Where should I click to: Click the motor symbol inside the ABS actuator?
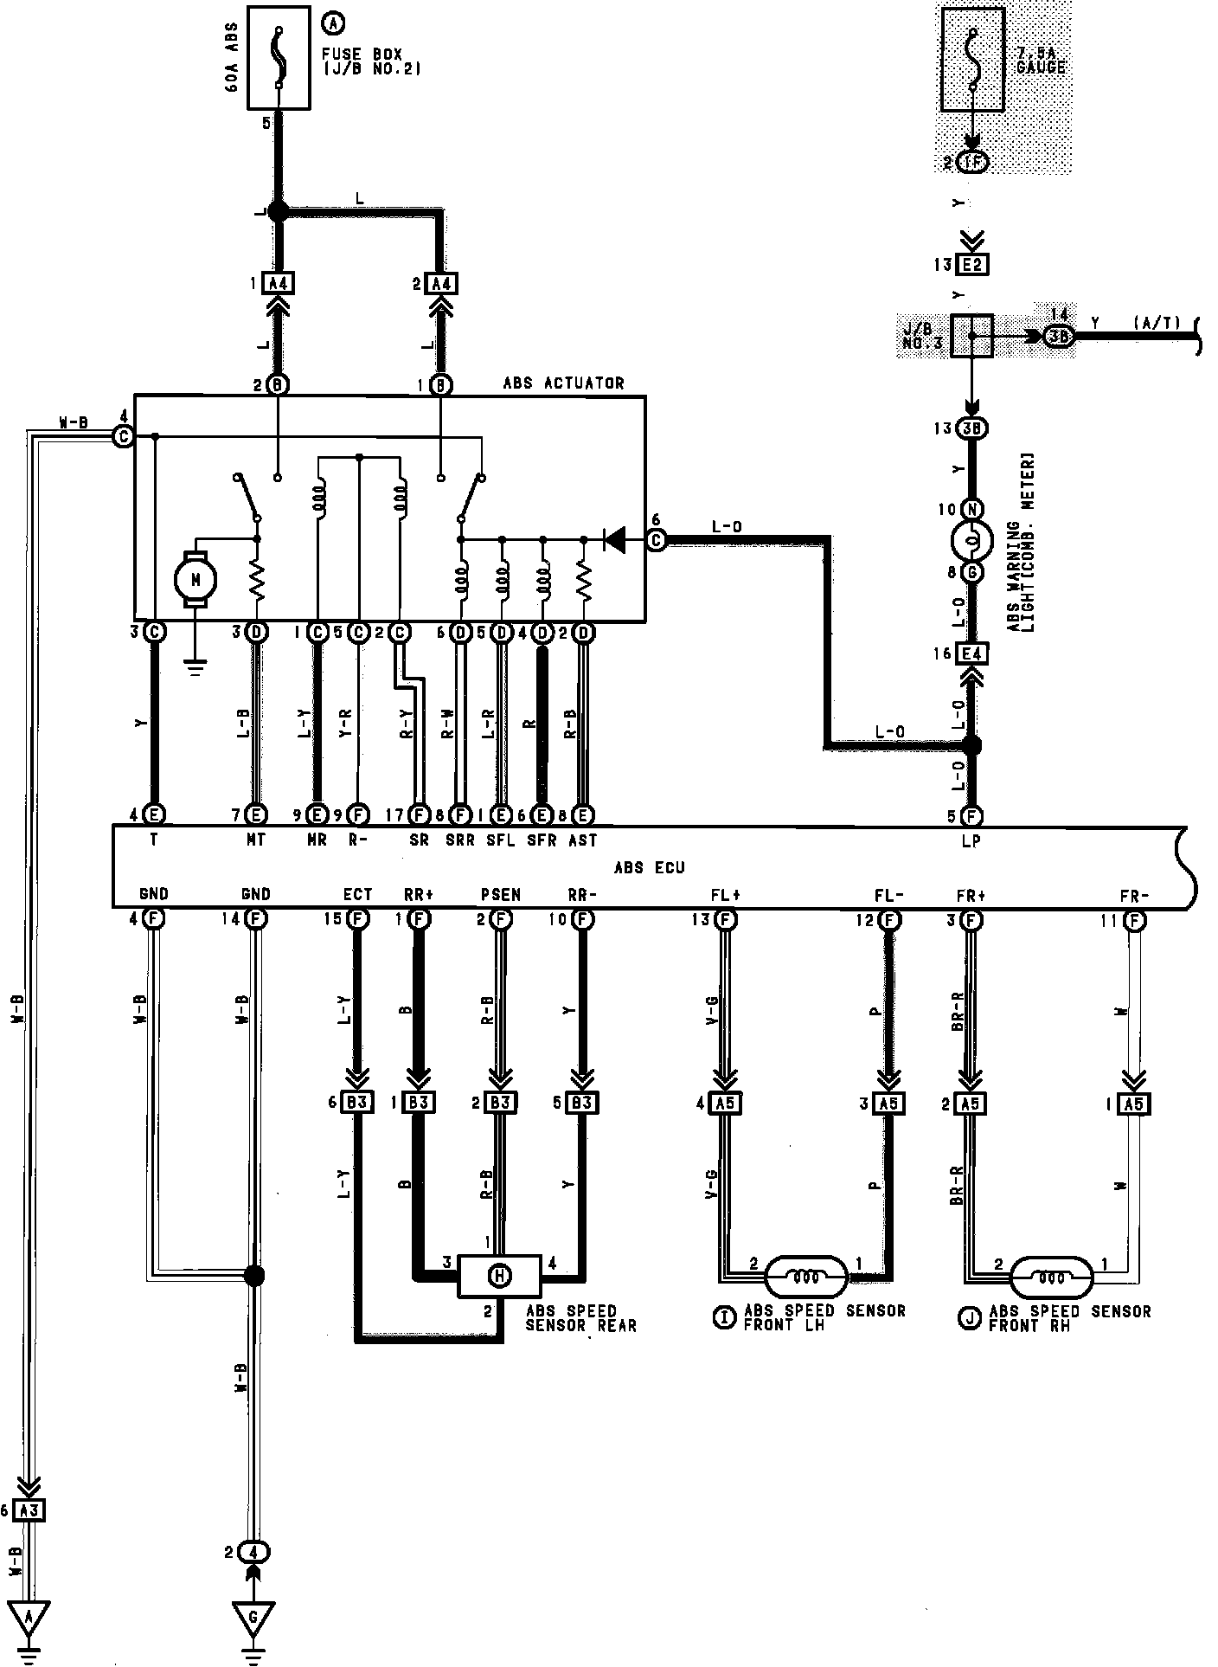(196, 579)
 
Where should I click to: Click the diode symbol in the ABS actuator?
(614, 540)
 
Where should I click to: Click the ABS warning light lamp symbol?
(971, 541)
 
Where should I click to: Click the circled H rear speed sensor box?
(498, 1275)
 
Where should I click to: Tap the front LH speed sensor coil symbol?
(805, 1276)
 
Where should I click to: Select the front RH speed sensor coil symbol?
(1051, 1276)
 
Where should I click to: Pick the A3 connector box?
(29, 1510)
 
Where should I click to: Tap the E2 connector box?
(972, 265)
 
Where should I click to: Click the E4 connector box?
(972, 654)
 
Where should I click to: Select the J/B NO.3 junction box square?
(971, 335)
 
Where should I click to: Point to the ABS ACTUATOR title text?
(563, 383)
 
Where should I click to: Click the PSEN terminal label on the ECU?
(500, 895)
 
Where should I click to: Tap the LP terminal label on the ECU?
(971, 840)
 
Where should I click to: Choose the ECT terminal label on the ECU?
(357, 895)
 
